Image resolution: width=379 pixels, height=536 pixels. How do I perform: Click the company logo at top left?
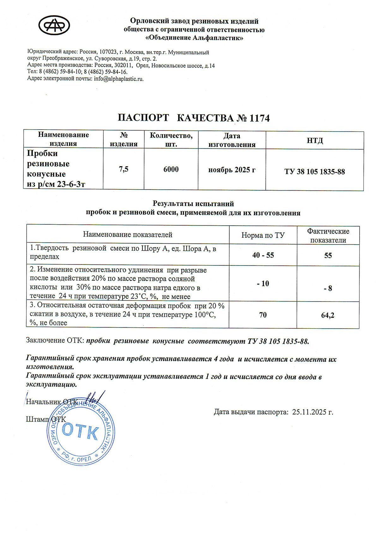tap(54, 25)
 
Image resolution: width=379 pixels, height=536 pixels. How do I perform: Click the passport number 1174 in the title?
tap(259, 118)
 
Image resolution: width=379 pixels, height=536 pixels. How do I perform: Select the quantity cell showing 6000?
tap(171, 169)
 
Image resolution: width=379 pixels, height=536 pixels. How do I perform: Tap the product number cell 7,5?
tap(123, 169)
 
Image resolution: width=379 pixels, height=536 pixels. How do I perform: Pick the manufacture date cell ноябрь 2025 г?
tap(232, 170)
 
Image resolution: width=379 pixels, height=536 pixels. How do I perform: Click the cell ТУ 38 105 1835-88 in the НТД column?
tap(315, 172)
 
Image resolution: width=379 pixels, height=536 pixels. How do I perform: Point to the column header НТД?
tap(315, 140)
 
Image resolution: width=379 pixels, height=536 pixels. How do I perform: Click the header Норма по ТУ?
tap(263, 235)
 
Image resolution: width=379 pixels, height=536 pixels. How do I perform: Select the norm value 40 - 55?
tap(263, 255)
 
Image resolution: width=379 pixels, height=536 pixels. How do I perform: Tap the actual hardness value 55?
tap(328, 255)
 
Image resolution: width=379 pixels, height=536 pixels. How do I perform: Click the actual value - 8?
tap(328, 288)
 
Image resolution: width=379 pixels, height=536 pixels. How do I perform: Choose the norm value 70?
tap(263, 315)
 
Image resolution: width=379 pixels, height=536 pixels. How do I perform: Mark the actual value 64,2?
tap(328, 315)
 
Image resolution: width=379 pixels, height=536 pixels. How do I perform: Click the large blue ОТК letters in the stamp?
tap(81, 431)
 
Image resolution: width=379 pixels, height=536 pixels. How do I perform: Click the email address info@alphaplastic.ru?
tap(119, 79)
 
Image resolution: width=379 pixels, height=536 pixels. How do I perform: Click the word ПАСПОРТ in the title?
tap(143, 118)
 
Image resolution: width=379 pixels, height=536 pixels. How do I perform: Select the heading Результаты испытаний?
tap(193, 204)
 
